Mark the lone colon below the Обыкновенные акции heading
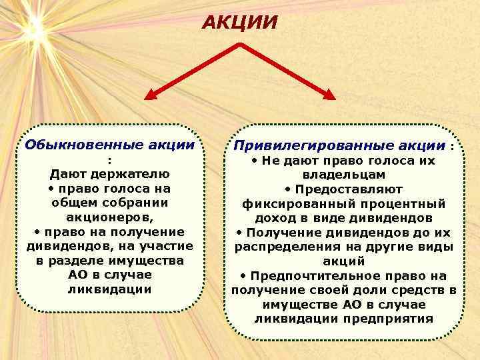(x=109, y=160)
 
